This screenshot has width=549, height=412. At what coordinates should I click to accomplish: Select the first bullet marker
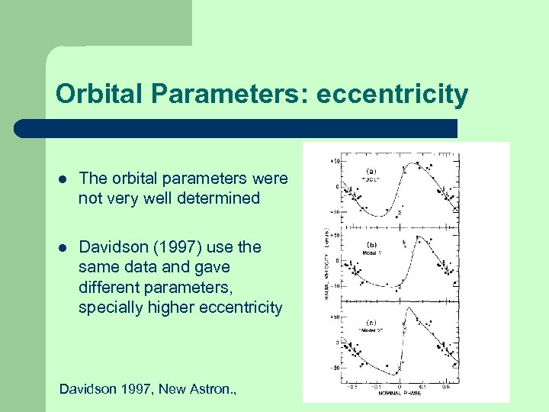pyautogui.click(x=63, y=179)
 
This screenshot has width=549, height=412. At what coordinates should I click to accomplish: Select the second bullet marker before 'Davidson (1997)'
pyautogui.click(x=63, y=247)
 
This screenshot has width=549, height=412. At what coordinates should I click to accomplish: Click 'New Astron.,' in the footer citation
pyautogui.click(x=198, y=389)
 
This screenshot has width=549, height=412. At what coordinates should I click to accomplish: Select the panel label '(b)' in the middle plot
pyautogui.click(x=371, y=245)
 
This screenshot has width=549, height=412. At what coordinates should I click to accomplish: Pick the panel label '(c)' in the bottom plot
pyautogui.click(x=371, y=320)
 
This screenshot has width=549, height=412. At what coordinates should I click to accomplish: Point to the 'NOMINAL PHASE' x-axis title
pyautogui.click(x=403, y=394)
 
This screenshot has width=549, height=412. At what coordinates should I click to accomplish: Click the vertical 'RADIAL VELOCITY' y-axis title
pyautogui.click(x=327, y=263)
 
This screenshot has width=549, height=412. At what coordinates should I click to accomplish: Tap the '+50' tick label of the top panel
pyautogui.click(x=335, y=162)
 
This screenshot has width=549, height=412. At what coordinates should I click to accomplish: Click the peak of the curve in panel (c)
pyautogui.click(x=410, y=307)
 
